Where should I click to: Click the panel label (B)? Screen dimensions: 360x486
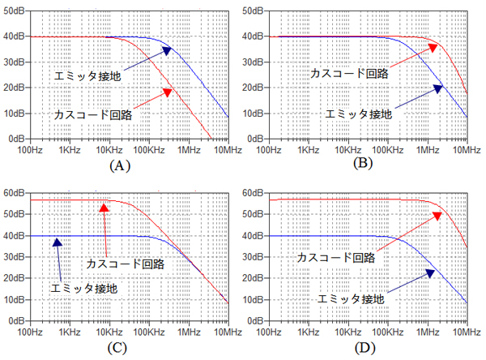click(x=362, y=165)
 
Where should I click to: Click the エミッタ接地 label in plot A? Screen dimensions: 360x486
click(x=87, y=76)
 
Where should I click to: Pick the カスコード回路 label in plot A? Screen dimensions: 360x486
click(x=94, y=114)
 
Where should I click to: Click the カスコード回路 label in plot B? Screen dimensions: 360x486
click(x=349, y=73)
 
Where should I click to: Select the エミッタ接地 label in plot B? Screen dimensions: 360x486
click(x=358, y=114)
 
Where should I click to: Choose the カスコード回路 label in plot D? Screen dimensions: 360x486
click(x=335, y=257)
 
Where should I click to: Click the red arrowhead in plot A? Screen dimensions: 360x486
click(x=168, y=92)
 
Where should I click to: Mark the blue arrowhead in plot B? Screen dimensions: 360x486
click(x=438, y=88)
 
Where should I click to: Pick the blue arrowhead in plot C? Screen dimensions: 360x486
click(x=58, y=242)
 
